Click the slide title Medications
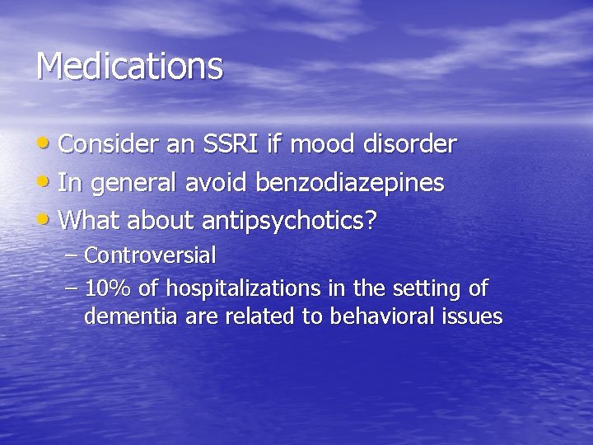[129, 66]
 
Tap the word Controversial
[150, 255]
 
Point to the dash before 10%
[71, 289]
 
